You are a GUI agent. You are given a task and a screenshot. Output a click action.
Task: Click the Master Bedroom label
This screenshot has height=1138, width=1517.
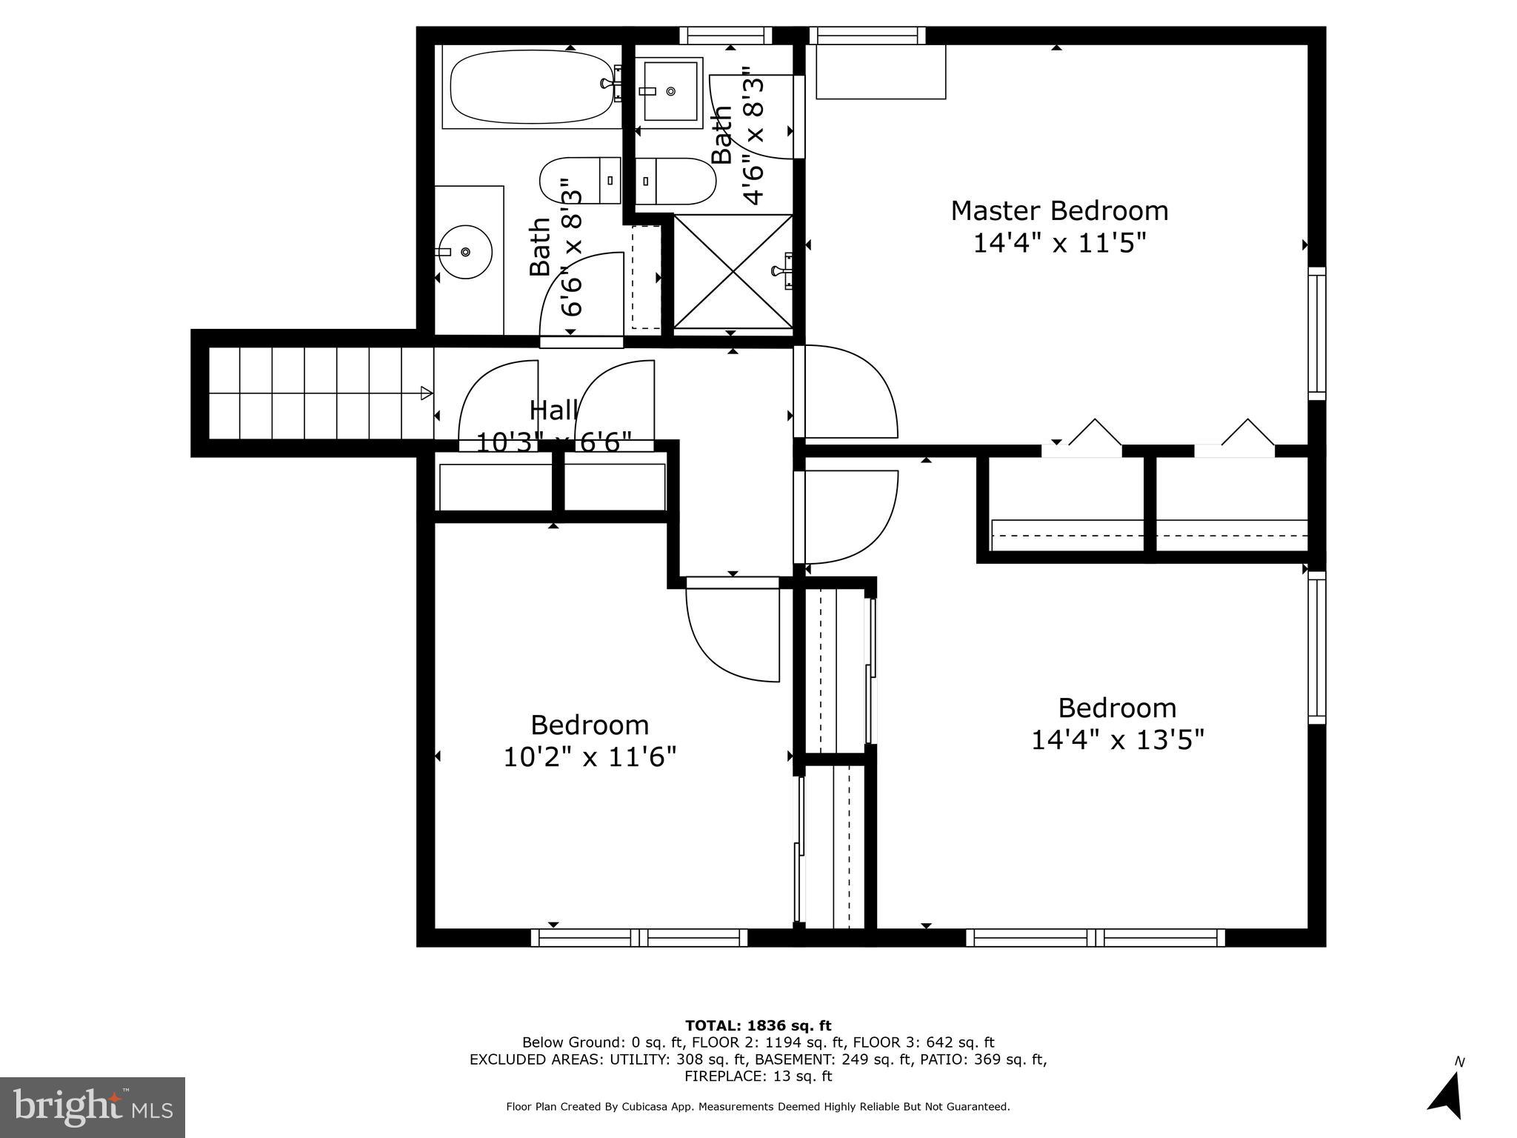coord(1059,211)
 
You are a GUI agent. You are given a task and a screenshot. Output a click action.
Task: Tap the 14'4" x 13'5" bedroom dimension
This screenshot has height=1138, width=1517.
coord(1117,739)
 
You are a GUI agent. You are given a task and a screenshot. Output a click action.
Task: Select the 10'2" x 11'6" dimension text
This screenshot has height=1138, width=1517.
coord(590,757)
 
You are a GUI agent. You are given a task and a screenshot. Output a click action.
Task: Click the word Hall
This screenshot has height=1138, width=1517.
coord(553,410)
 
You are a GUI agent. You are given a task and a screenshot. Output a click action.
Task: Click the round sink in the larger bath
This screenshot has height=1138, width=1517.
coord(464,253)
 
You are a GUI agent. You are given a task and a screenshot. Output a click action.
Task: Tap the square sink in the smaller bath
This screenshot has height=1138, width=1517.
coord(670,90)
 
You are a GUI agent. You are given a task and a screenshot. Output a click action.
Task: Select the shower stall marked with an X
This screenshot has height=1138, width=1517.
coord(732,272)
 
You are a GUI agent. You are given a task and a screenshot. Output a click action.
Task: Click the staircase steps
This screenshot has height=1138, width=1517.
coord(311,393)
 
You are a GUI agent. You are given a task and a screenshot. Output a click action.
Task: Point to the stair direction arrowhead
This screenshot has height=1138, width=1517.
coord(427,393)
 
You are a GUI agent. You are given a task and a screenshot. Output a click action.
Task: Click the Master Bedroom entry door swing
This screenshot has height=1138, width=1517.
coord(848,391)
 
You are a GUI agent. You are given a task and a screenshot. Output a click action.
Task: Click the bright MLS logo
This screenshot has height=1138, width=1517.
coord(93,1107)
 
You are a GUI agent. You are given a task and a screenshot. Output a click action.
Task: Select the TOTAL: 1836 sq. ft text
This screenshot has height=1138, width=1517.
coord(758,1026)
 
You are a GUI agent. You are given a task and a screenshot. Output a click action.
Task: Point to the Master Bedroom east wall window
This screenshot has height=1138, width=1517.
coord(1316,333)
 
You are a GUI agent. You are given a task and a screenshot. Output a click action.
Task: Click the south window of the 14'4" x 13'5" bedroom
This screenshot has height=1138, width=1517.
coord(1095,938)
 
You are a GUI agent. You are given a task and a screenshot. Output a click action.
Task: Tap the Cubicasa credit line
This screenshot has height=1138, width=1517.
coord(758,1107)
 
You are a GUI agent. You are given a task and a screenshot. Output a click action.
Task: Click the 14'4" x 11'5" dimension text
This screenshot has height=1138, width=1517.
coord(1059,243)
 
